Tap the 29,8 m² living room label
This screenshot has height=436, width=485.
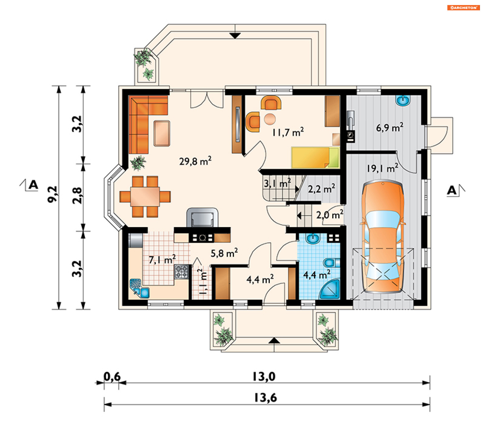pos(195,161)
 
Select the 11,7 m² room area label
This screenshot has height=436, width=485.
pos(288,132)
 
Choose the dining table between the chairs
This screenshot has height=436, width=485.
pos(145,196)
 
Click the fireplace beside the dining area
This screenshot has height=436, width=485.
pos(202,217)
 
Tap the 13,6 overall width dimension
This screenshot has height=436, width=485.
pos(265,398)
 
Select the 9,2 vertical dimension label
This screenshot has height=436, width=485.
pos(53,194)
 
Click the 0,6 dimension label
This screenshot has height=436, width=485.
pos(112,377)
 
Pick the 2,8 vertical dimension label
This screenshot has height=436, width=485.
pos(77,196)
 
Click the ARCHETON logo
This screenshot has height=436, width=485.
pos(463,8)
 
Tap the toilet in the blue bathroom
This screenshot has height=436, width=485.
pos(331,263)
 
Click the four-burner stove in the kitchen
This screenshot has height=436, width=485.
pos(182,272)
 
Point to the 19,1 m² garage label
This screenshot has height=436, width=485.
pos(382,168)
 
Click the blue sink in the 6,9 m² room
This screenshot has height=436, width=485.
pos(403,100)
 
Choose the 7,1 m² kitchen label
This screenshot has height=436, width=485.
pos(162,259)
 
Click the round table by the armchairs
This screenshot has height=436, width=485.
pos(270,119)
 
